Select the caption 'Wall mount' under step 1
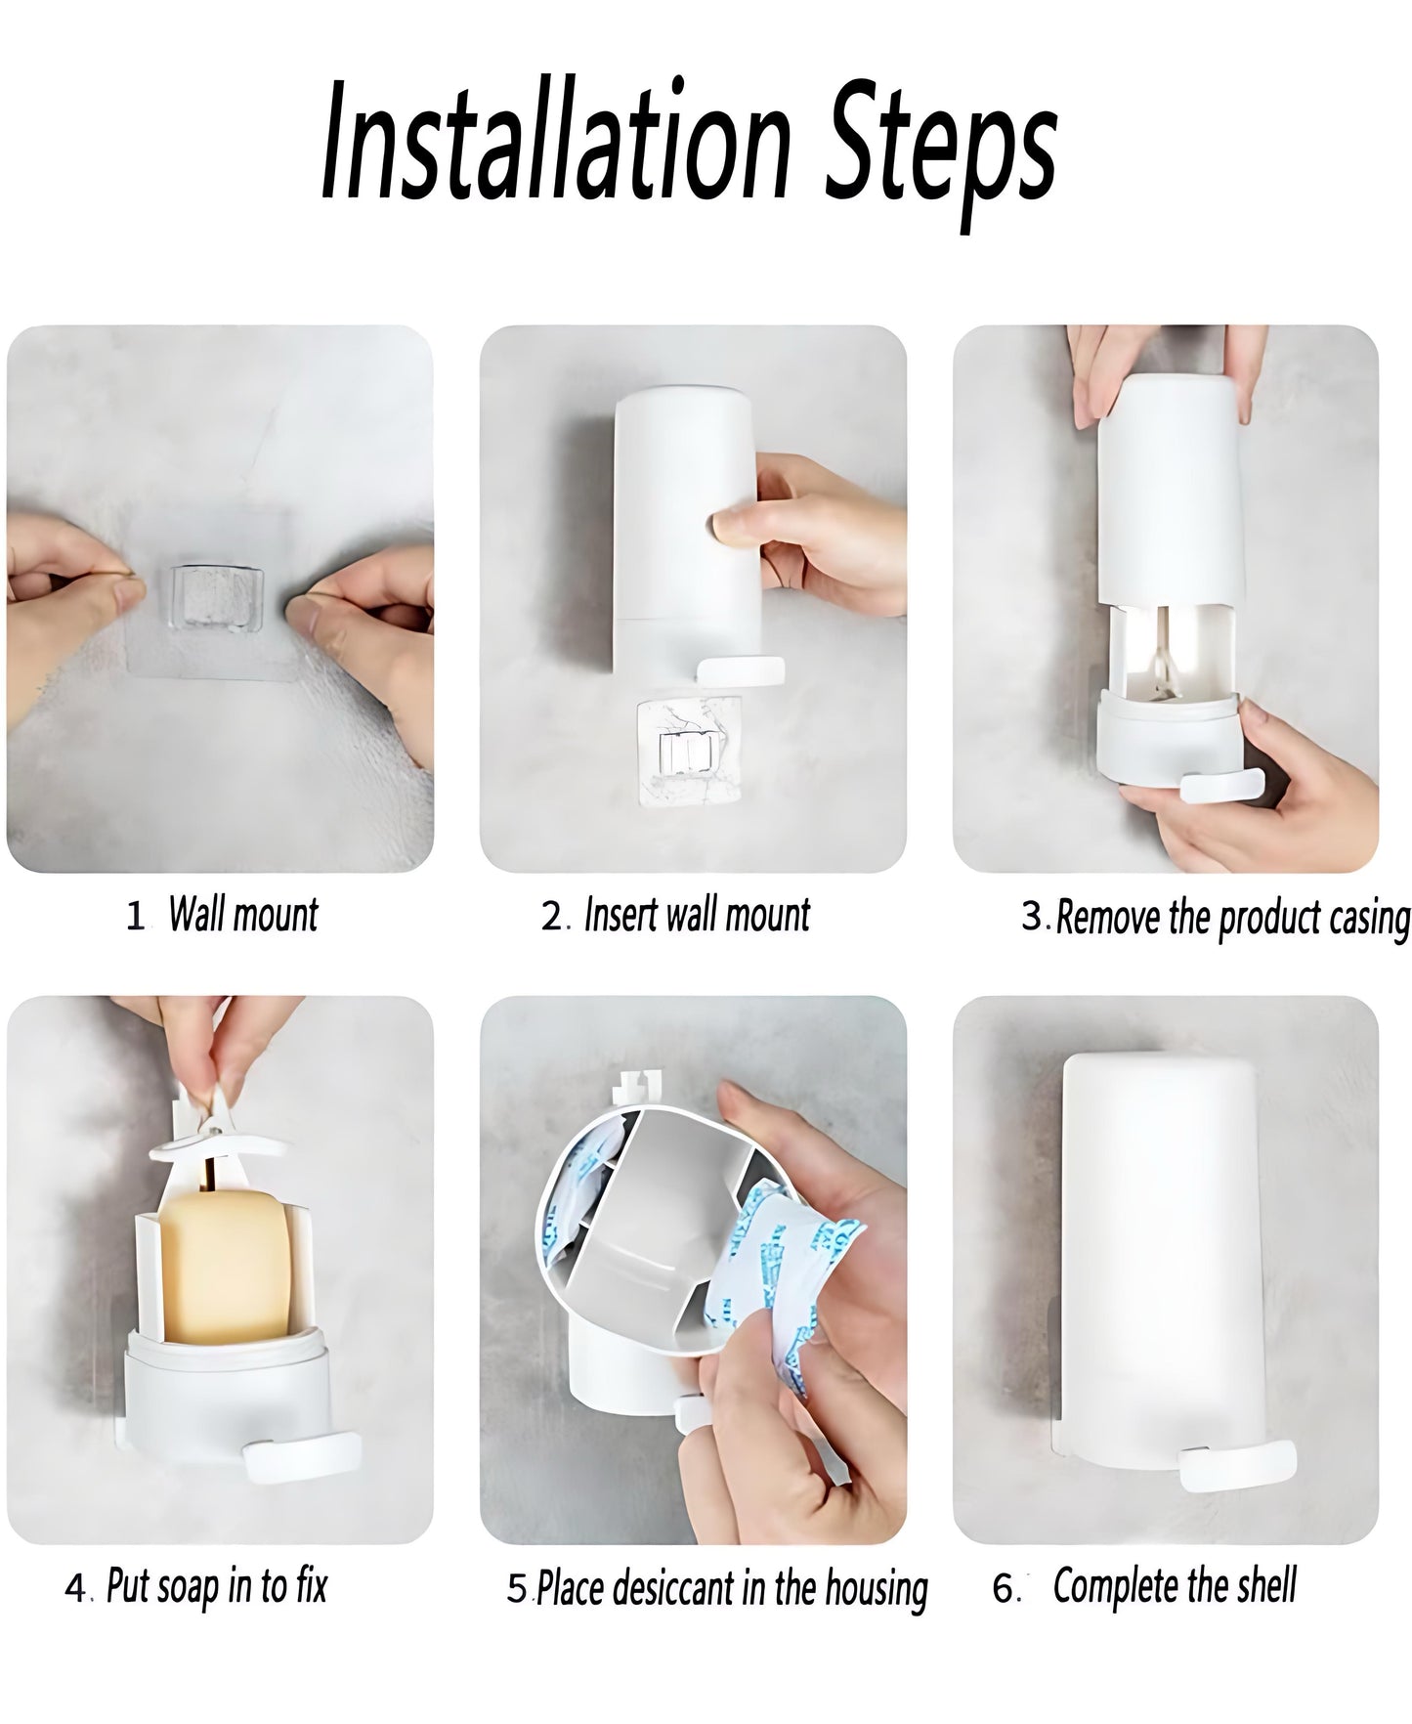(243, 915)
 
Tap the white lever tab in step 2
(742, 670)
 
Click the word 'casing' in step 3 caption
(1368, 918)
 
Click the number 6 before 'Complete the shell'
(1004, 1588)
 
